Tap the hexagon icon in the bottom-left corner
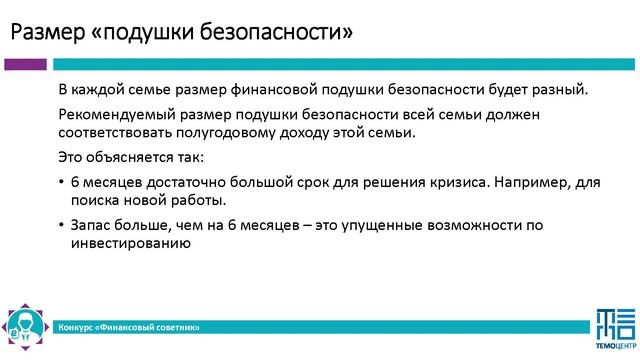coord(23,323)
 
